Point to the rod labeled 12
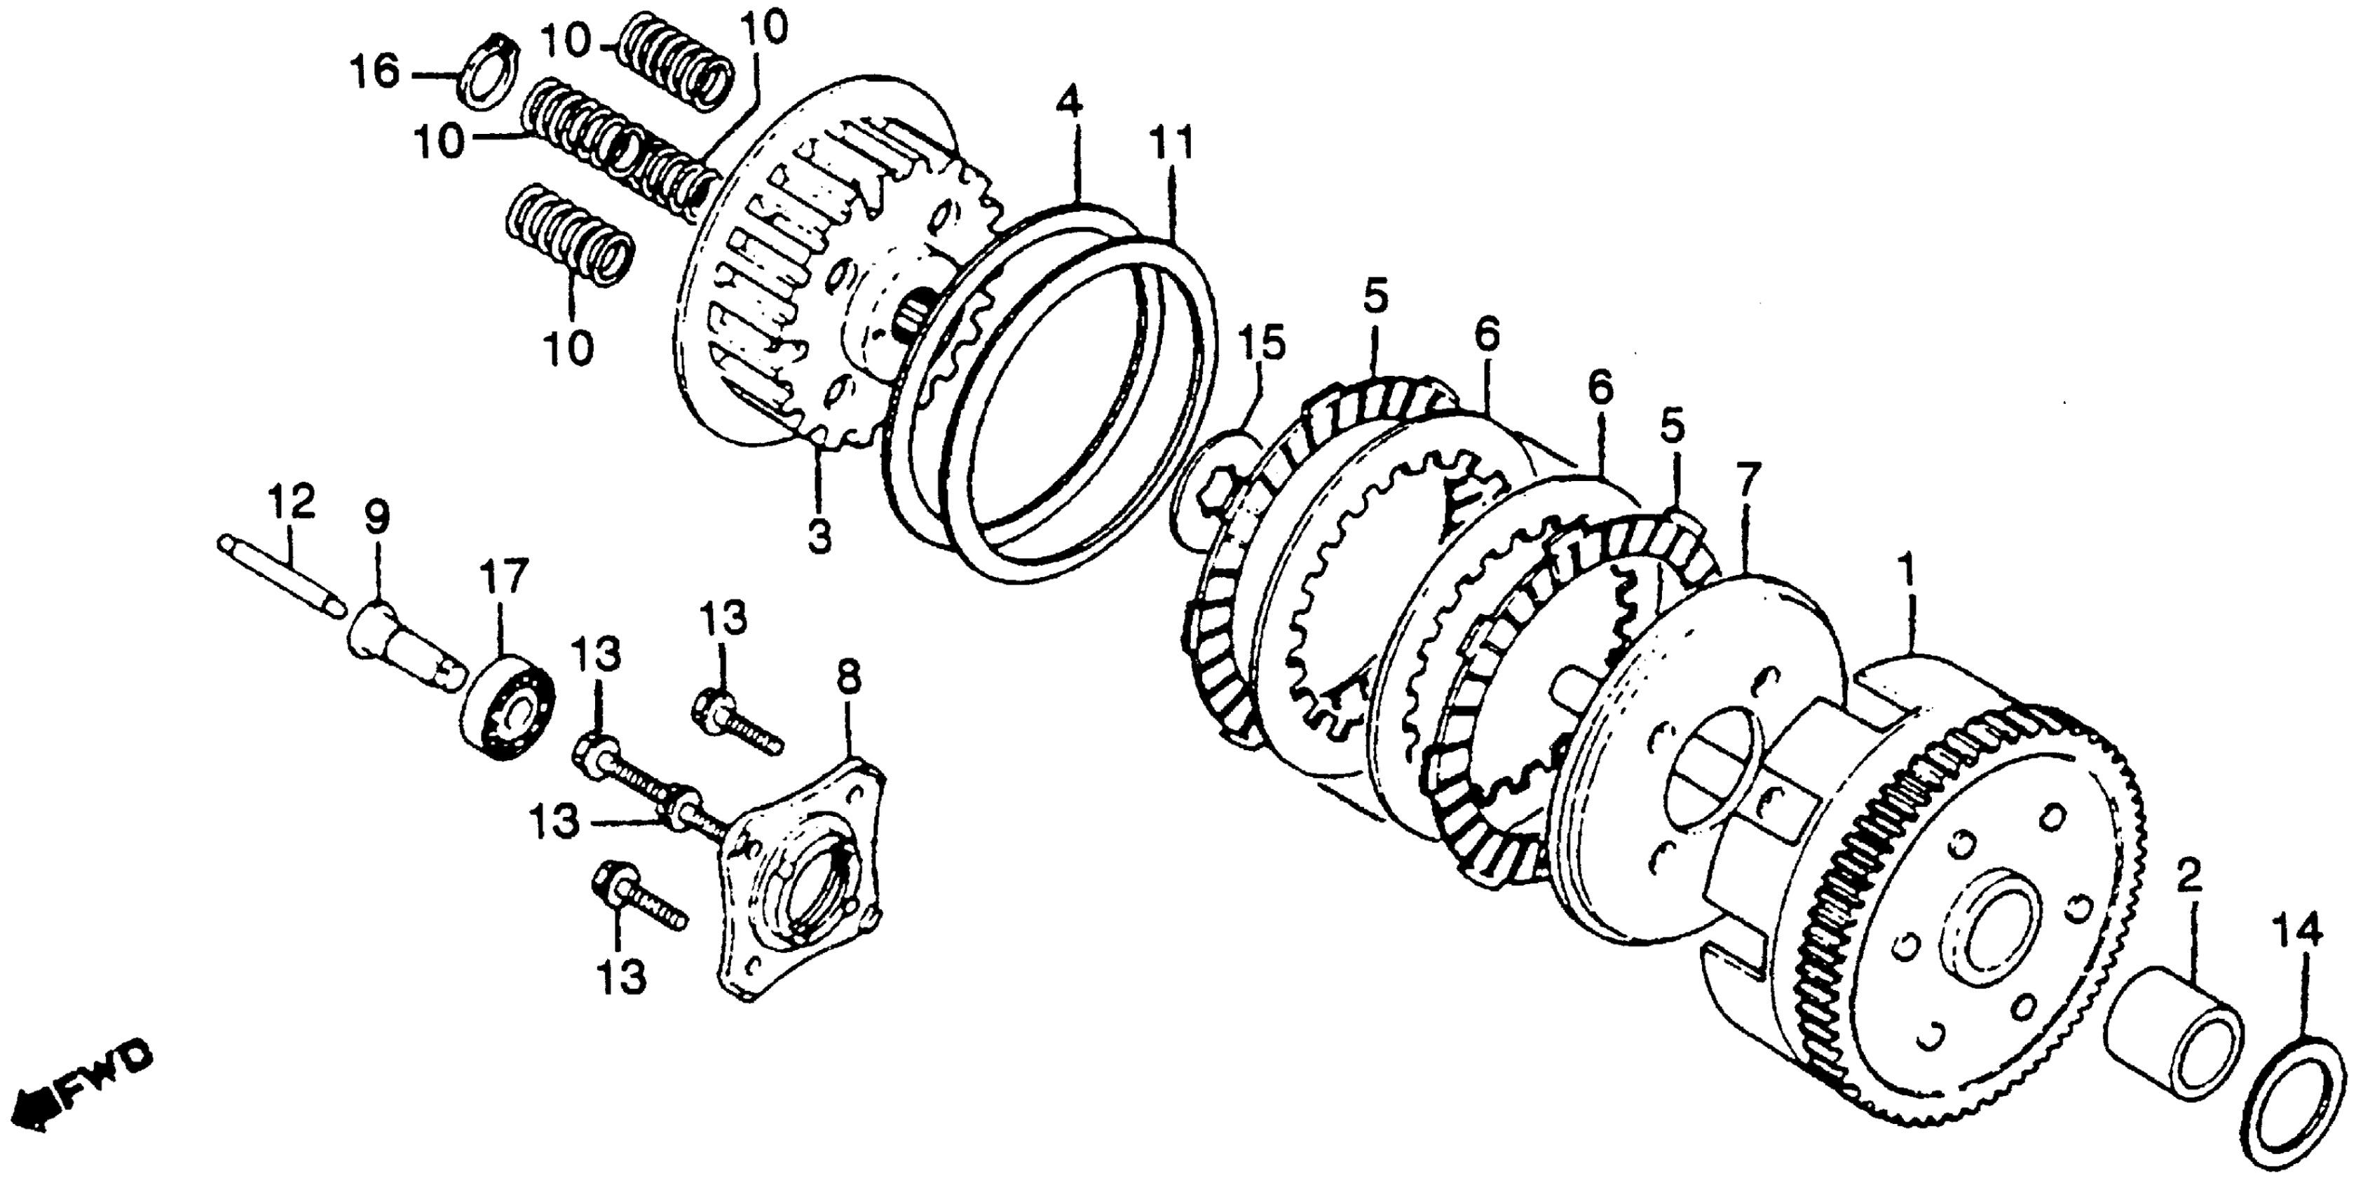coord(280,574)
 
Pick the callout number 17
coord(505,578)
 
